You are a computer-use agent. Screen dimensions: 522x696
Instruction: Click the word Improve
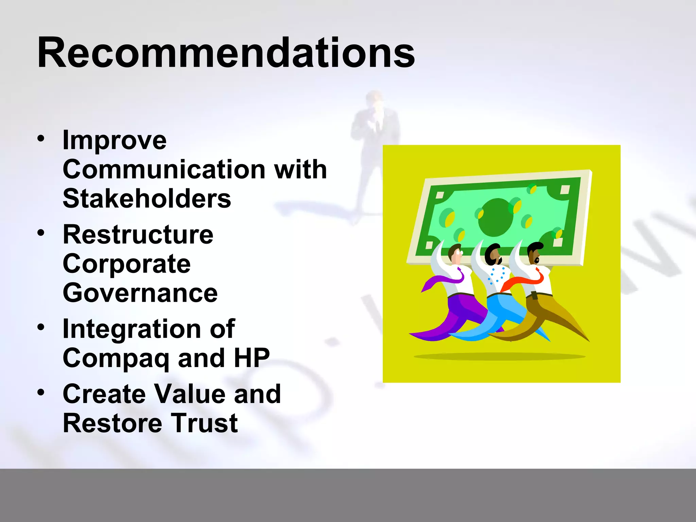[x=115, y=140]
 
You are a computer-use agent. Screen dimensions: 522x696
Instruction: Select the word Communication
[x=163, y=169]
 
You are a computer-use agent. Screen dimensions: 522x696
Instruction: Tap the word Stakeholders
[x=147, y=198]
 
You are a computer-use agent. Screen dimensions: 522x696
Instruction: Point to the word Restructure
[x=138, y=234]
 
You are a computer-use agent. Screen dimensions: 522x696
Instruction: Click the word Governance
[x=140, y=293]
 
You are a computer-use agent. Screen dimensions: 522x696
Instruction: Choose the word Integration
[x=132, y=329]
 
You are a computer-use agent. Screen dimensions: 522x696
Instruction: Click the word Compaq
[x=116, y=359]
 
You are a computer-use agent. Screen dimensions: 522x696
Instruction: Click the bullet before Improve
[x=41, y=139]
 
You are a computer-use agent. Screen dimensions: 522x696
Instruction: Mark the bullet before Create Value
[x=41, y=393]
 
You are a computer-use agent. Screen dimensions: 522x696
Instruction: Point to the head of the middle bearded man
[x=493, y=255]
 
